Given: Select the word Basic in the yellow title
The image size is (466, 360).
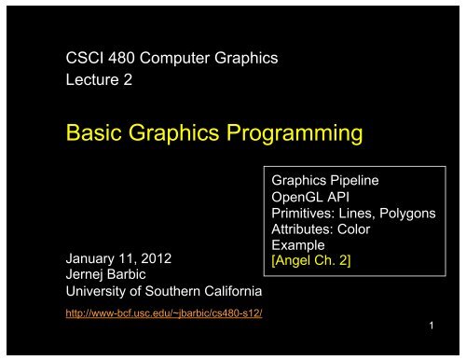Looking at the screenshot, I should tap(92, 136).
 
